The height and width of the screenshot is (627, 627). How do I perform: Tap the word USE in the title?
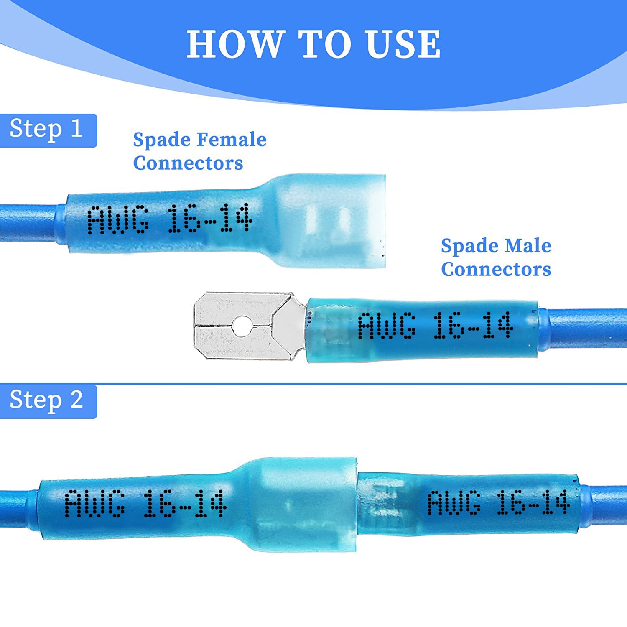(403, 44)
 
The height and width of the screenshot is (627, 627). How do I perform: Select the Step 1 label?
(46, 129)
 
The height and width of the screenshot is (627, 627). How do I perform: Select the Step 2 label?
(46, 400)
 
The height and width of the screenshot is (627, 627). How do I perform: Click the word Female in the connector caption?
(232, 140)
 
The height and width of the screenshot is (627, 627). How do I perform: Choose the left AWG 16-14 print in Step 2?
(145, 504)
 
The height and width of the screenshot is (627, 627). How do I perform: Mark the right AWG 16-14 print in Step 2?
(498, 503)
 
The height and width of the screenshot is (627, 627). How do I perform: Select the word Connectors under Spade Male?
(496, 270)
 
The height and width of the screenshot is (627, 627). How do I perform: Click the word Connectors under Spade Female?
(188, 163)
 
